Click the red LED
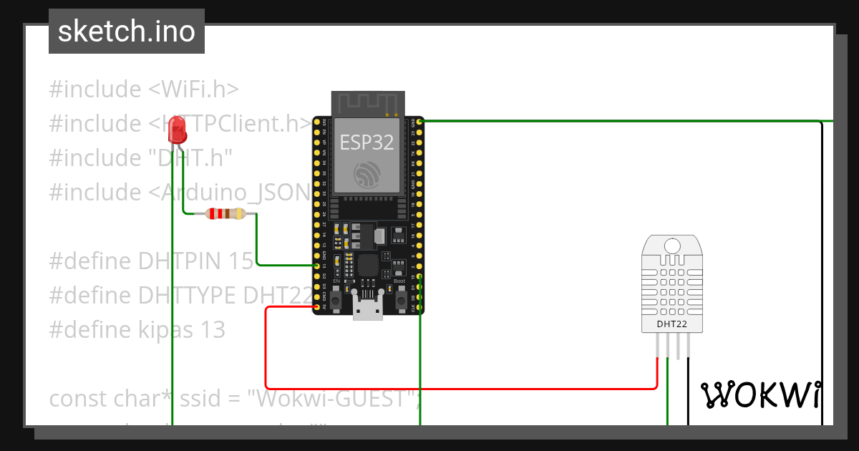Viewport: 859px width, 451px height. tap(176, 130)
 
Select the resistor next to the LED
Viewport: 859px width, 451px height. tap(225, 213)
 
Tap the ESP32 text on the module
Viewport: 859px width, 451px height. tap(367, 142)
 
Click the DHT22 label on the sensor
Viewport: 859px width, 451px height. tap(671, 324)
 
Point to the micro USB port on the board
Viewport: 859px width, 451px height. tap(368, 310)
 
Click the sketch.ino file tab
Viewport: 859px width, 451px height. tap(127, 31)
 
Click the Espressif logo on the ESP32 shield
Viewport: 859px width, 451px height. tap(367, 173)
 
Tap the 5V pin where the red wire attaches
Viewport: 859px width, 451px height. tap(316, 307)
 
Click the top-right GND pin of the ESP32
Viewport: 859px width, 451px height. tap(420, 122)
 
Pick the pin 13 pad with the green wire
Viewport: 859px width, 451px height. tap(316, 266)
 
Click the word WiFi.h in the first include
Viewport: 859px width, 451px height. tap(194, 89)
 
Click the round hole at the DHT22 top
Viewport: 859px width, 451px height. tap(672, 246)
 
